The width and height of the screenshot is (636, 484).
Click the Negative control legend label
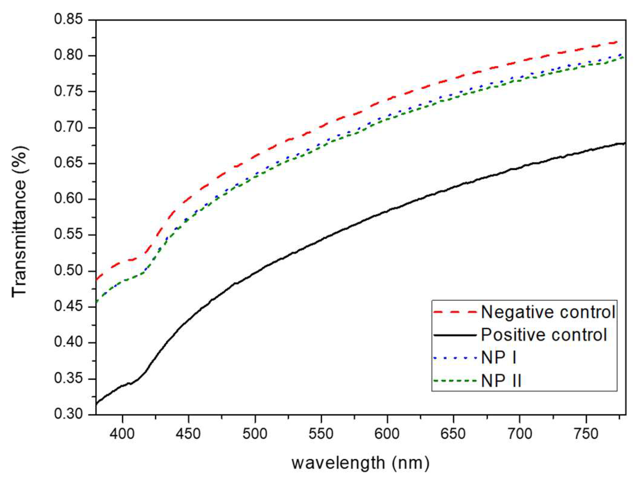click(x=548, y=312)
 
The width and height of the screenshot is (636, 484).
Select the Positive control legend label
click(x=544, y=335)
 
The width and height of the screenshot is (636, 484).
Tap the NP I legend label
click(x=499, y=358)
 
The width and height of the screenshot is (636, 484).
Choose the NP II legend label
click(x=501, y=381)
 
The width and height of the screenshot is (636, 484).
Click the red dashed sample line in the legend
click(x=455, y=312)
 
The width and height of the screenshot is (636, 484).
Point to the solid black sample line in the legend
click(x=455, y=335)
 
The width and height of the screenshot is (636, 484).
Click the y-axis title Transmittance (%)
click(x=19, y=222)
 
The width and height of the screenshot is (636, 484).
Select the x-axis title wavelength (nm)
click(x=360, y=463)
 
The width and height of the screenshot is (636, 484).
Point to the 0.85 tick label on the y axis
click(x=68, y=19)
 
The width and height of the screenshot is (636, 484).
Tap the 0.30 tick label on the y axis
click(x=68, y=414)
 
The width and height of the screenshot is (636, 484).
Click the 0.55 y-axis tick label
click(x=68, y=235)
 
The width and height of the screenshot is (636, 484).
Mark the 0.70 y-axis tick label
click(x=68, y=127)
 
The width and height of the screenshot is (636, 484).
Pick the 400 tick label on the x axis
click(x=122, y=434)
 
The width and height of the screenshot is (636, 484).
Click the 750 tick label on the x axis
click(x=586, y=434)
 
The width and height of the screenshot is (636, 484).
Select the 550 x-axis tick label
click(x=321, y=434)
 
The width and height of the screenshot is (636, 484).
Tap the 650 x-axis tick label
click(x=453, y=434)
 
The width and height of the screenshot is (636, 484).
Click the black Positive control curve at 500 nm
click(x=255, y=273)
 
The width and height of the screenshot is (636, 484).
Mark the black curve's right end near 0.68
click(x=624, y=143)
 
